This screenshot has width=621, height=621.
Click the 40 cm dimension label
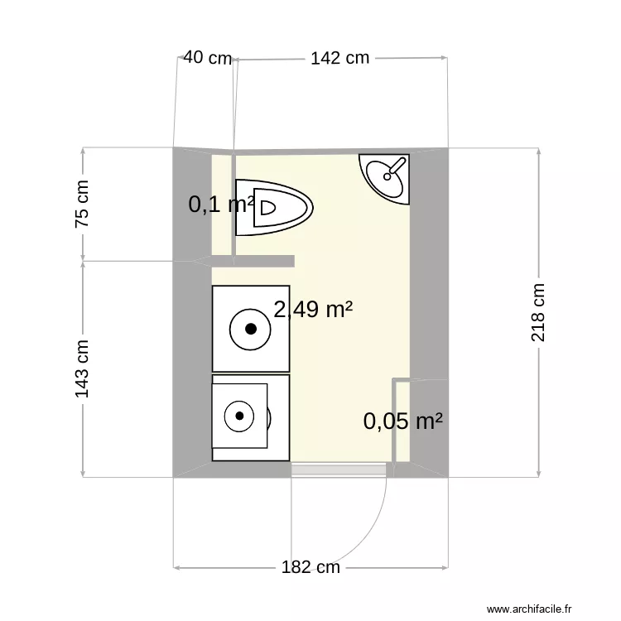click(x=207, y=58)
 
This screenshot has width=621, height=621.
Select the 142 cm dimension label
click(x=339, y=58)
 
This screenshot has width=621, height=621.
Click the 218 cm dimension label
click(x=539, y=313)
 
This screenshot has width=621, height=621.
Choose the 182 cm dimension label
click(x=310, y=567)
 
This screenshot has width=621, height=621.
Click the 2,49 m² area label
click(x=313, y=310)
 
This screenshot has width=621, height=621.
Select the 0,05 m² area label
click(x=402, y=421)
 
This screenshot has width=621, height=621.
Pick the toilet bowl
click(x=282, y=207)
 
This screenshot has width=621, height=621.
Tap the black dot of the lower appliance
click(x=240, y=416)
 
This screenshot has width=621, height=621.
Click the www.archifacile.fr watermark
click(x=529, y=609)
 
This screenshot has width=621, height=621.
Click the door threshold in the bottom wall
click(x=339, y=470)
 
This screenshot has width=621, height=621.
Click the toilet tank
click(x=244, y=207)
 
